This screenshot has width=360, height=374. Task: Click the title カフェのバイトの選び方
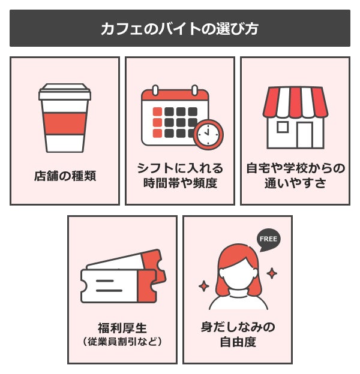click(179, 29)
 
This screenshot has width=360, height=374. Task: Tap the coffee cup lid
click(65, 93)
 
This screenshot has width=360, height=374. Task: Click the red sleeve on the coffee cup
click(65, 123)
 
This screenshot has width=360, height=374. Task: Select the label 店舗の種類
click(65, 177)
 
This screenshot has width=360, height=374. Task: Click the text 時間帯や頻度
click(180, 183)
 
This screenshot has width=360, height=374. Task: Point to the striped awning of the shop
click(295, 102)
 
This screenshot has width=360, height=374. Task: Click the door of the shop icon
click(305, 135)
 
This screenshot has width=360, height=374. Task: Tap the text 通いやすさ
click(295, 183)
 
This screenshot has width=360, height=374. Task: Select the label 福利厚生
click(122, 328)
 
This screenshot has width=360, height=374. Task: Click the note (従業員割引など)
click(122, 342)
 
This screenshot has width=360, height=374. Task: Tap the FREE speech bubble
click(268, 239)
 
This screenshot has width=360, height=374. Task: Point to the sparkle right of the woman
click(272, 273)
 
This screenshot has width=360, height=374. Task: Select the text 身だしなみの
click(238, 328)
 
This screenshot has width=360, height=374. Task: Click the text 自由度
click(238, 343)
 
